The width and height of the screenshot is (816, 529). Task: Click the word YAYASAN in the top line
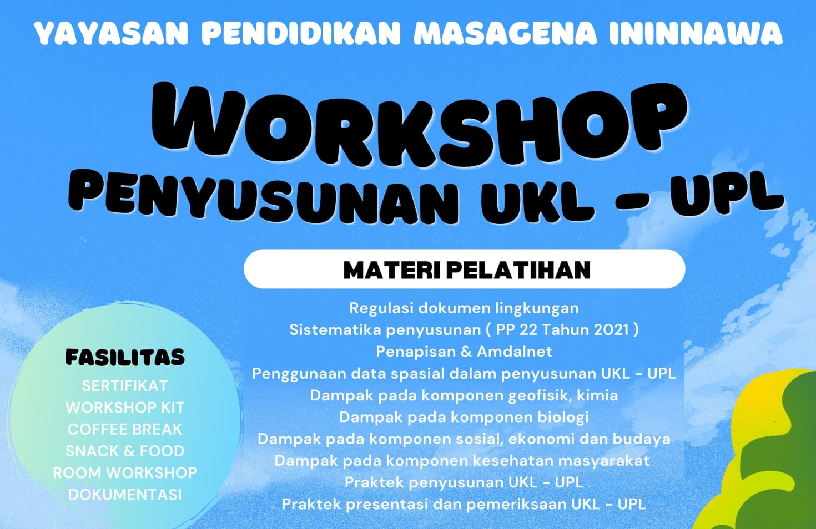(112, 34)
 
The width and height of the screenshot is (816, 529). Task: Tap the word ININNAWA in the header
(696, 34)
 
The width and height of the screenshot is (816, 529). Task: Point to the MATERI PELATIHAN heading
(467, 270)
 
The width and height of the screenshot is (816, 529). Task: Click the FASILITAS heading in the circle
(125, 357)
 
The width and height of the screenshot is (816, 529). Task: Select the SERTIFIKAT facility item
(124, 385)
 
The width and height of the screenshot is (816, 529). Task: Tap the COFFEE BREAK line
(124, 429)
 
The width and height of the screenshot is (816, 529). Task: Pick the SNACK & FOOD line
(124, 451)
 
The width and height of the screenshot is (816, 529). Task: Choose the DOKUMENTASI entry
(124, 495)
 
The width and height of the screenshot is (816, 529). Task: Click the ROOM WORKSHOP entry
(124, 473)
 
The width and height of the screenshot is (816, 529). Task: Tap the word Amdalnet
(515, 352)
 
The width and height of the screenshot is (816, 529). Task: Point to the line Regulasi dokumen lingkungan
(464, 308)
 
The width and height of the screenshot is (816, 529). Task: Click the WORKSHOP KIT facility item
(124, 408)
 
